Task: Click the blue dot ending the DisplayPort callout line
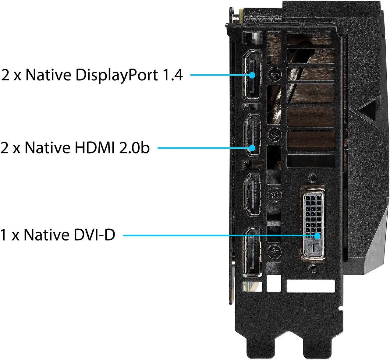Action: (x=252, y=75)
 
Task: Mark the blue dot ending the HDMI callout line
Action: (x=252, y=148)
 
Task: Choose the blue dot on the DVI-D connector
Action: (x=317, y=236)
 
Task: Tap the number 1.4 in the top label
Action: (x=173, y=75)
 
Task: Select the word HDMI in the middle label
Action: (x=94, y=147)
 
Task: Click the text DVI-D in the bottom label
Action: (x=94, y=235)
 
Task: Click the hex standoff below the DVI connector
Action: (x=314, y=268)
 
